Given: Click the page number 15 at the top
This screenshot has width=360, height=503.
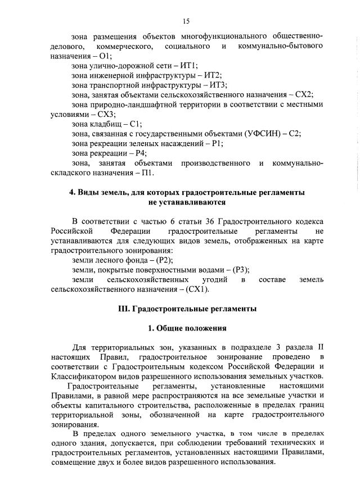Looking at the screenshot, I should coord(185,21).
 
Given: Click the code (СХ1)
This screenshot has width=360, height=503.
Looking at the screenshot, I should coord(197,289).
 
